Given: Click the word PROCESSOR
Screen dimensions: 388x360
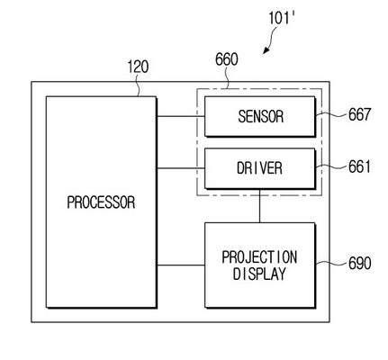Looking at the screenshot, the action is point(101,202).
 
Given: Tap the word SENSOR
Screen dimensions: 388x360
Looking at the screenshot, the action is point(260,116).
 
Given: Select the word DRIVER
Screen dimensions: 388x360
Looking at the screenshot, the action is point(259,168).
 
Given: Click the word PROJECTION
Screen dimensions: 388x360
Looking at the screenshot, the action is point(259,257).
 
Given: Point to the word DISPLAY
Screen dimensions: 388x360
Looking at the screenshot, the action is point(259,274).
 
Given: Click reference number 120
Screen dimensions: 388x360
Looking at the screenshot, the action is point(138,67).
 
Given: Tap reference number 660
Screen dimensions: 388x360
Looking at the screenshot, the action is point(227,59).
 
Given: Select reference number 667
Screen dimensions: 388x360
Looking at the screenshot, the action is point(359,114).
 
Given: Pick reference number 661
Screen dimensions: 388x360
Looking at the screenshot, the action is point(359,166).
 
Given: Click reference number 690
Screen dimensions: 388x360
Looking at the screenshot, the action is point(359,263).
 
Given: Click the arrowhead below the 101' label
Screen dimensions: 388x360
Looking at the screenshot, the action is point(266,50).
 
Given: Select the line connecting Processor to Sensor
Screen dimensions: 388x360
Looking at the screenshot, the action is point(181,116).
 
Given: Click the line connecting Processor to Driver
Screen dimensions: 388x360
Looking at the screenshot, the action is point(181,168).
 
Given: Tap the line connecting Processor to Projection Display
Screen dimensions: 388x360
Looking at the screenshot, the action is point(181,265).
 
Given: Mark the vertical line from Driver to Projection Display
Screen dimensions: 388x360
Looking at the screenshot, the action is point(259,206).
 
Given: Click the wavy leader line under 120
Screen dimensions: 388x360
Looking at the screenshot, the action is point(139,85).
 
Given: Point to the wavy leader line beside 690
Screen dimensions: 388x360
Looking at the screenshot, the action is point(331,263).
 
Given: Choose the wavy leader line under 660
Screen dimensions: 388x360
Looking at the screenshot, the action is point(228,77).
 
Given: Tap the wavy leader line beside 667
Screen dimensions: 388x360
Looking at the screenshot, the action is point(331,114).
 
